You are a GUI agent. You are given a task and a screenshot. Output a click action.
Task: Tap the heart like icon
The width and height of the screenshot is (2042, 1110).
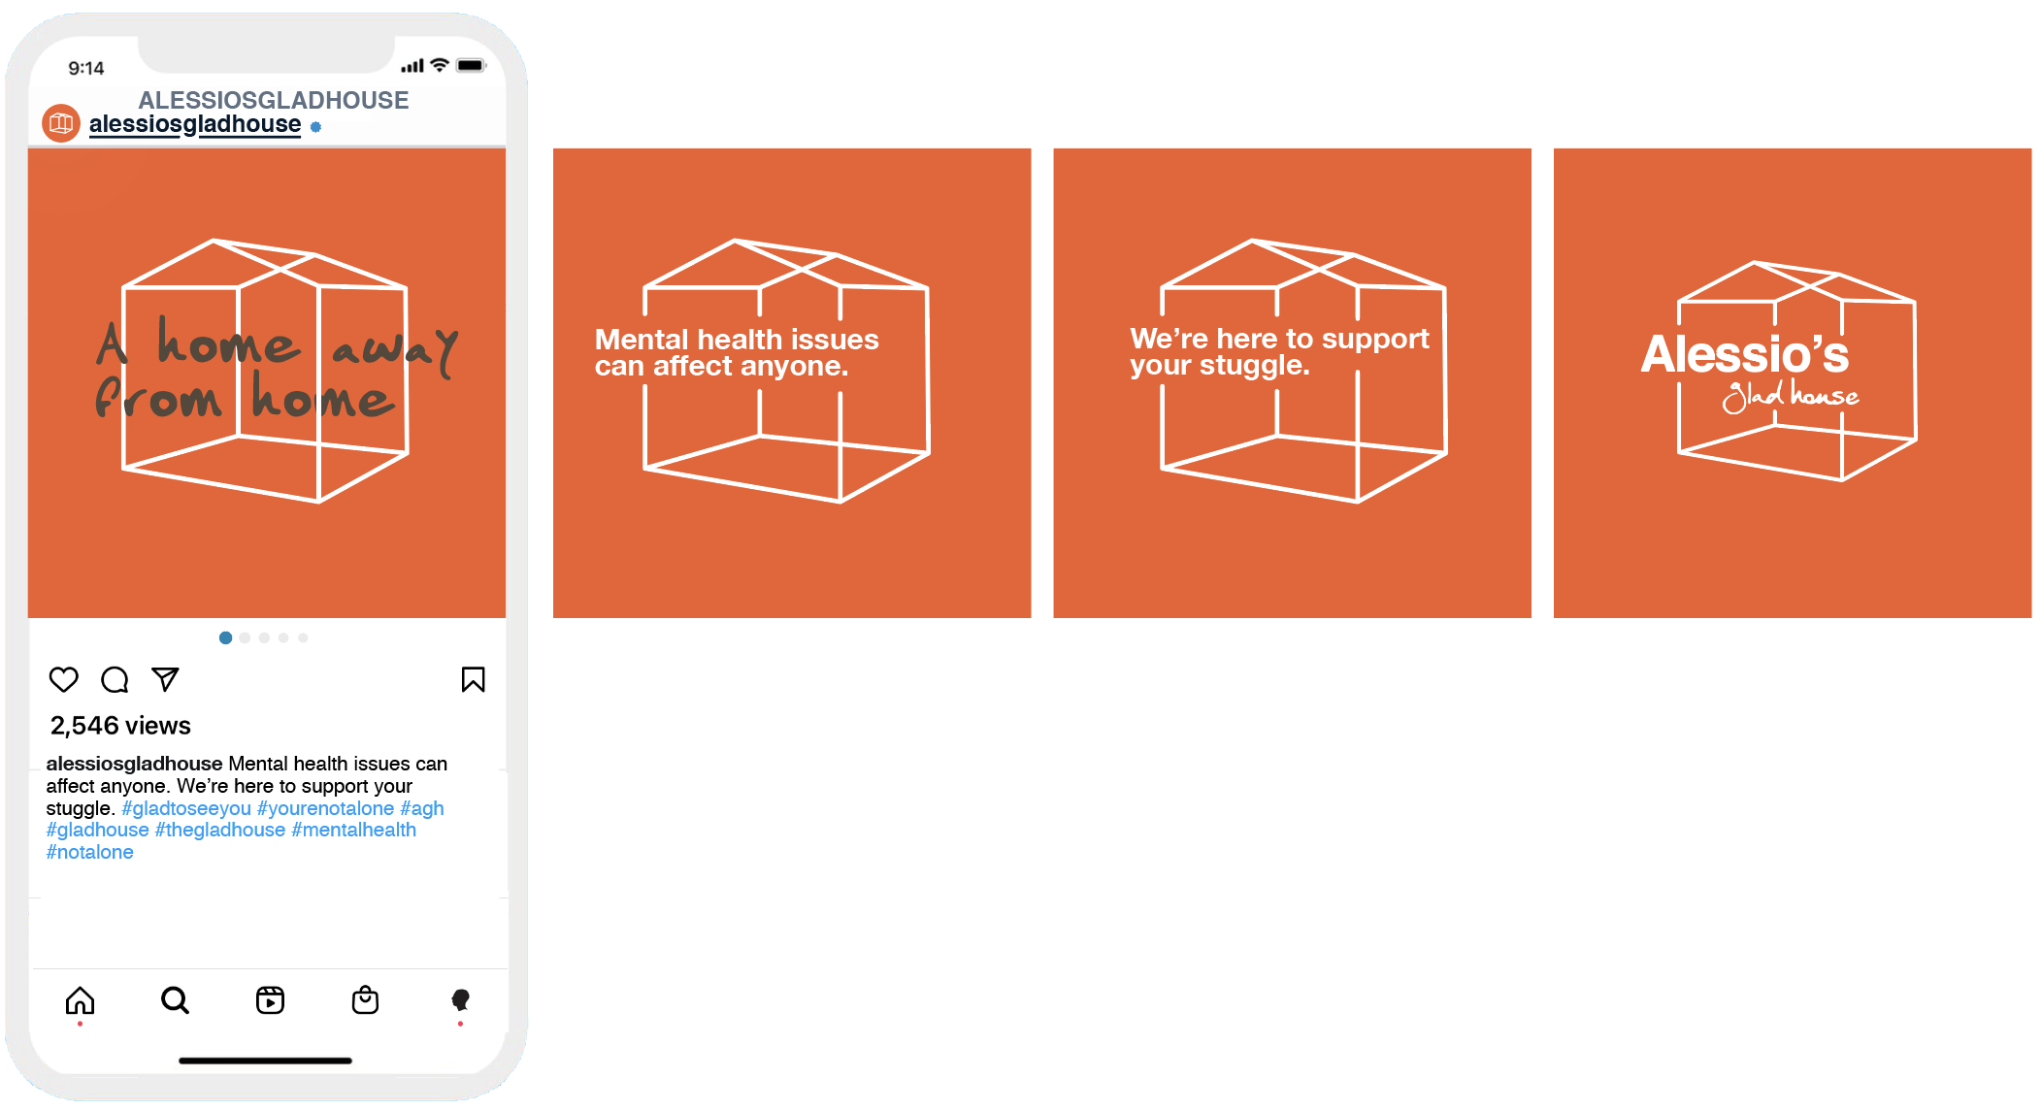(x=64, y=679)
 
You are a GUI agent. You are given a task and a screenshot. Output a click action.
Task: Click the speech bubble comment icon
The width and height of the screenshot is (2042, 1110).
(x=115, y=679)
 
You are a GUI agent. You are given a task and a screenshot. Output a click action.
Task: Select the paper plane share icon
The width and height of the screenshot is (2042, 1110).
(x=165, y=679)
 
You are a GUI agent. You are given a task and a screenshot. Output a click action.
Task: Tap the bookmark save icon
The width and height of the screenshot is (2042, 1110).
(x=473, y=679)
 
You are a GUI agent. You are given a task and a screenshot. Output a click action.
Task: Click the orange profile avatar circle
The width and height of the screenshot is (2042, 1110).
(x=61, y=123)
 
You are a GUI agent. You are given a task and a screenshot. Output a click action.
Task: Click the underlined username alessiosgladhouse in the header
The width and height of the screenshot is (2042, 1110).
(x=195, y=125)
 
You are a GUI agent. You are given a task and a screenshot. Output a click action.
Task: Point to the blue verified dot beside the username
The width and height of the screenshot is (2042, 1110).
(x=315, y=127)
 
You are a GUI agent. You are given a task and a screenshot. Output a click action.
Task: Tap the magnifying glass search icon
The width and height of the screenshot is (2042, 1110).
(x=175, y=1000)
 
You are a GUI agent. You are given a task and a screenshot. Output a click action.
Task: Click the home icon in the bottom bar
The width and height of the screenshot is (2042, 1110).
(x=80, y=1000)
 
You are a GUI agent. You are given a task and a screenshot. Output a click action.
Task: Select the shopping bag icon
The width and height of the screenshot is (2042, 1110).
(x=365, y=999)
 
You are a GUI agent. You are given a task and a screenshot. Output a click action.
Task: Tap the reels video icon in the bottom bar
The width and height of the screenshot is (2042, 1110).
(x=270, y=1000)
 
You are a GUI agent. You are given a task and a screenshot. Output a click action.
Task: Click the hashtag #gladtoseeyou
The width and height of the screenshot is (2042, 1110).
(x=186, y=808)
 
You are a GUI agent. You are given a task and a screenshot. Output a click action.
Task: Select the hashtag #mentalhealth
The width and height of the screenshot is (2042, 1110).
(x=354, y=831)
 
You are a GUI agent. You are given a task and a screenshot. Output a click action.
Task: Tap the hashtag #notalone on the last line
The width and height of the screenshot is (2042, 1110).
(x=90, y=853)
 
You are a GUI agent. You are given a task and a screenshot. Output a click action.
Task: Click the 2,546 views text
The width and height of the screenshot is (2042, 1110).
(x=120, y=726)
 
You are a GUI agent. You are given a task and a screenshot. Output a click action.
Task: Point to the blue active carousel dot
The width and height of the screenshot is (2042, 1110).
(x=225, y=637)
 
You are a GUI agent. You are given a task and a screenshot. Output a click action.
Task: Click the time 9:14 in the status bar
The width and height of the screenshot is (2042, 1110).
(x=86, y=68)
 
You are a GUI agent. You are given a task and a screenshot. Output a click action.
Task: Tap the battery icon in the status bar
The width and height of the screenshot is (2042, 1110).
(x=471, y=66)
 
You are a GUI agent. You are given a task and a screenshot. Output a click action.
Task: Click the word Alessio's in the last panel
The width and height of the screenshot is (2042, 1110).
(x=1745, y=354)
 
